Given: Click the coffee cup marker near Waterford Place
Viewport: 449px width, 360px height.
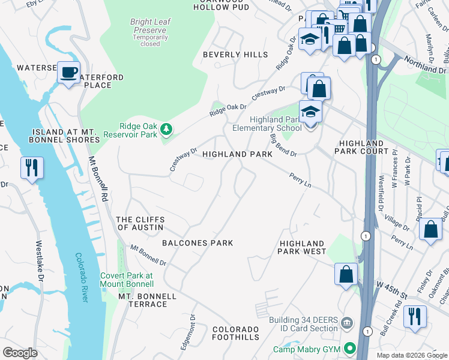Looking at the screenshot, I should point(68,73).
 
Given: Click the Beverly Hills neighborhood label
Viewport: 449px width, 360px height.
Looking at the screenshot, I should point(235,55).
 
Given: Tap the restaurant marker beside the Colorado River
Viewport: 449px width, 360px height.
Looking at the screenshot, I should point(32,167).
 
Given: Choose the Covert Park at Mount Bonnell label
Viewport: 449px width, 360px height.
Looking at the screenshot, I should point(126,280).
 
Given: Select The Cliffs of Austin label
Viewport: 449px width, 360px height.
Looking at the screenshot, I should point(140,224).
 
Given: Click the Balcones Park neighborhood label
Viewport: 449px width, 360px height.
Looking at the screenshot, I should point(197,243).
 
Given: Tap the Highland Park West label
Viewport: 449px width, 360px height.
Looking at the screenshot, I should point(301,247).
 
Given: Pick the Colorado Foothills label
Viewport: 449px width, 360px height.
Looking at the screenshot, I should point(236,333).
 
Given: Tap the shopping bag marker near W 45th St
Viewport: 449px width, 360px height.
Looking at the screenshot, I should point(346,274).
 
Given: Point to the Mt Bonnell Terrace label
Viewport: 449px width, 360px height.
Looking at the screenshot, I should point(147,300).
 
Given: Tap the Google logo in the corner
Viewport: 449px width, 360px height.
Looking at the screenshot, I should point(20,352).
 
